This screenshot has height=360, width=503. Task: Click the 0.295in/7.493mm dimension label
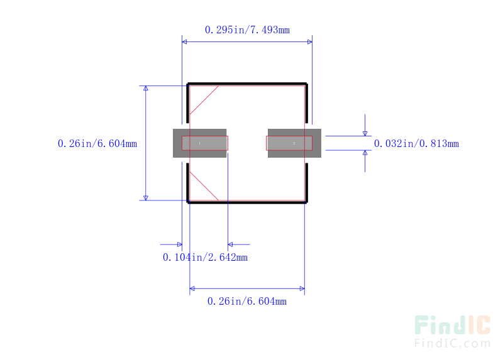click(x=247, y=30)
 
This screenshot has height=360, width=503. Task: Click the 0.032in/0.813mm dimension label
click(x=416, y=143)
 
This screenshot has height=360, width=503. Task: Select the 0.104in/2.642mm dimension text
click(x=205, y=257)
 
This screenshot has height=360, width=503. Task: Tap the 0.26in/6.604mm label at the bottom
click(x=247, y=301)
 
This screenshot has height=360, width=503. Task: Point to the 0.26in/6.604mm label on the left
click(x=97, y=143)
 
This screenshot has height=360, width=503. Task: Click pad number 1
click(x=199, y=143)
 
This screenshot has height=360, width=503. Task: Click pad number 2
click(x=294, y=143)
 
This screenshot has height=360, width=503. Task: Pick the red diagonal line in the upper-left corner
click(x=204, y=100)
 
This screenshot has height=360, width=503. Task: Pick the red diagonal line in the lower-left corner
click(x=204, y=186)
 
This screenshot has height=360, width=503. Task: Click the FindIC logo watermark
click(x=452, y=325)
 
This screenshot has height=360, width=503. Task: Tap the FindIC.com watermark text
click(x=452, y=343)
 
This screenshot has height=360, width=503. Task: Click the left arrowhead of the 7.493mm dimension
click(x=184, y=41)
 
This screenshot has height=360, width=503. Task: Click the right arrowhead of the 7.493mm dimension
click(x=310, y=41)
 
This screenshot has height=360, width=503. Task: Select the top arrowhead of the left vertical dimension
click(x=146, y=88)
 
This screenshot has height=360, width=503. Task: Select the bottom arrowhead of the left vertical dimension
click(x=146, y=198)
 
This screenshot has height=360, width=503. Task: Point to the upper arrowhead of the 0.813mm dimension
click(x=365, y=134)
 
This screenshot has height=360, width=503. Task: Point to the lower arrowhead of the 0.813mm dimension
click(x=365, y=153)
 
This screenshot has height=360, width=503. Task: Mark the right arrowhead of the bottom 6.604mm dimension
click(x=302, y=288)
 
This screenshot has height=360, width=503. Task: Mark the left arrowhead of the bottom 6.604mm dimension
click(x=192, y=288)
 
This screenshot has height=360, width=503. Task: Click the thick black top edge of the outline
click(x=247, y=84)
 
